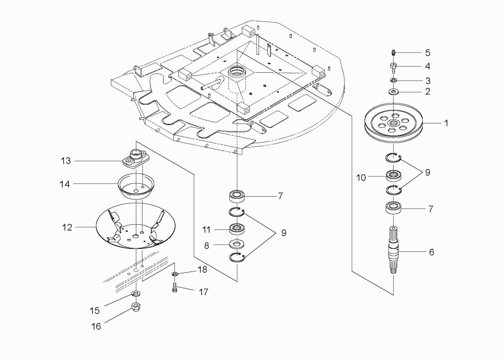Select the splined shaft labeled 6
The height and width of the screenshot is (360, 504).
tap(394, 251)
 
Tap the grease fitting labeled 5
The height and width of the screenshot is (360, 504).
tap(394, 53)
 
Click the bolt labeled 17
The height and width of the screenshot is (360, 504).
tap(174, 287)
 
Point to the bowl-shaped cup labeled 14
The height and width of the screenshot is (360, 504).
tap(136, 186)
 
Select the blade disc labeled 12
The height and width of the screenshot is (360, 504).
tap(136, 226)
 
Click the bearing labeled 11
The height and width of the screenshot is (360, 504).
tap(237, 229)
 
